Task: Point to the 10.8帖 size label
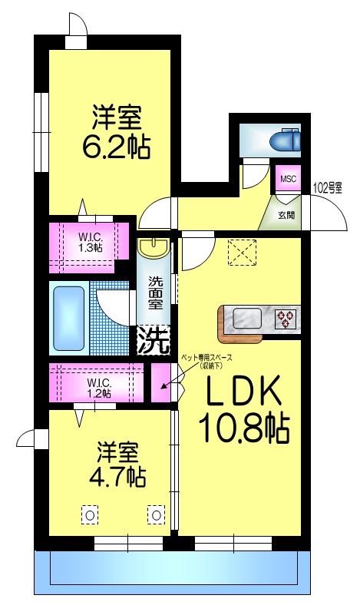click(244, 428)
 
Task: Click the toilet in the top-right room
click(286, 141)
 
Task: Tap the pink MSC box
click(288, 179)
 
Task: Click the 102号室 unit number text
click(328, 187)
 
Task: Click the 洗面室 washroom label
click(155, 293)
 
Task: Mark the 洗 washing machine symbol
click(154, 340)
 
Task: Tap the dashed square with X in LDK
click(243, 251)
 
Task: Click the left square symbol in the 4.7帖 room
click(90, 514)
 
